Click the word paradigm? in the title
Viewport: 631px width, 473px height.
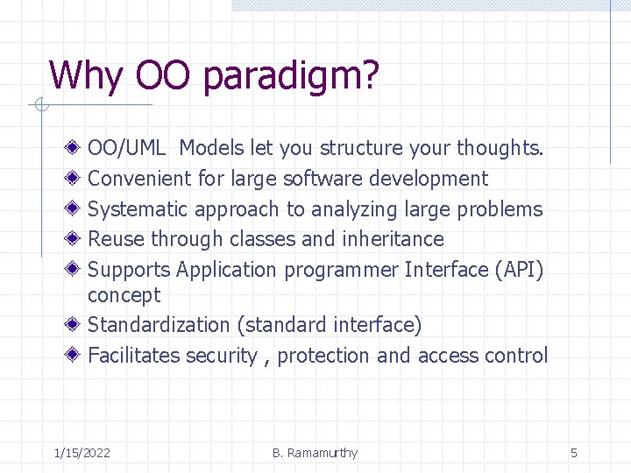coord(291,76)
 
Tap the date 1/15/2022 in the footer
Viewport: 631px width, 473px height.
coord(82,453)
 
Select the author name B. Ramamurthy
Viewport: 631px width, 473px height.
coord(315,453)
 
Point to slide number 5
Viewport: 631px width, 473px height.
coord(574,453)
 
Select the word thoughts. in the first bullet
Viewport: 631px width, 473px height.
coord(500,149)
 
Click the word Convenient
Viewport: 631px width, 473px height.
coord(139,179)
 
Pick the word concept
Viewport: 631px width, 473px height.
coord(124,295)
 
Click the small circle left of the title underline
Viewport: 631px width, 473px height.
coord(39,107)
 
